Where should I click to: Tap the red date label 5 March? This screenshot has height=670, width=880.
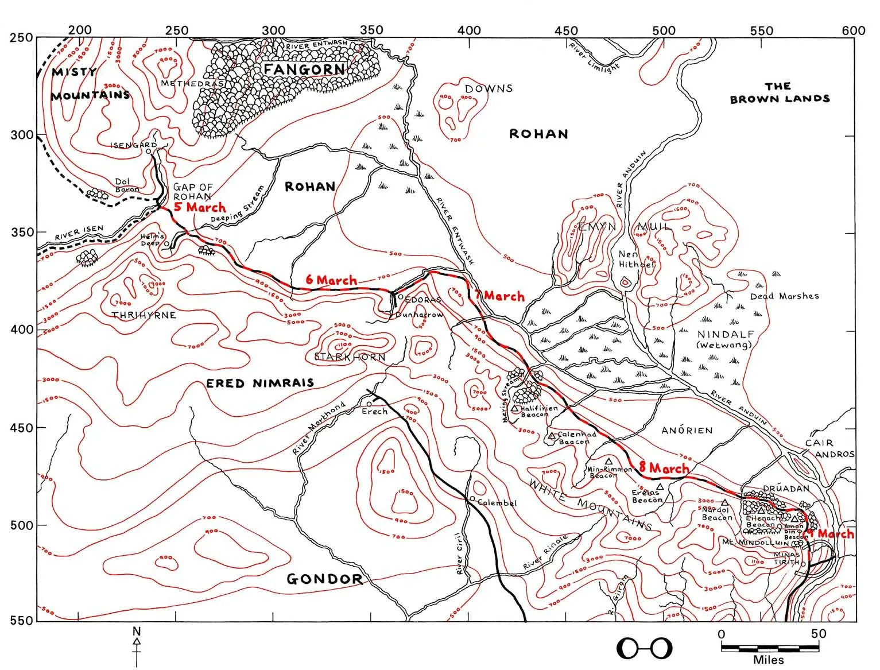pos(199,207)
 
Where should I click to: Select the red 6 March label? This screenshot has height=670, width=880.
pos(331,280)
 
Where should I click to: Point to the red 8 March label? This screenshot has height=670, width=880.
pos(663,468)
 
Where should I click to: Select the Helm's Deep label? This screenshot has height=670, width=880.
pos(153,240)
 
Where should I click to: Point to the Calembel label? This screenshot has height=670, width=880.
pos(497,503)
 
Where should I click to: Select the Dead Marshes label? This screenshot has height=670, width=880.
pos(784,296)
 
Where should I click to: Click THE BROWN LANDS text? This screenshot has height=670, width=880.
pos(779,92)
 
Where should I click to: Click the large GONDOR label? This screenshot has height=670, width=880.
pos(324,579)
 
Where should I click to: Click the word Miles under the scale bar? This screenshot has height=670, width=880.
pos(769,660)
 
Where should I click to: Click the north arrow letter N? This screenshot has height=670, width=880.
pos(137,631)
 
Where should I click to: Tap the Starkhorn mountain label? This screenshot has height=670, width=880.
pos(350,357)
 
